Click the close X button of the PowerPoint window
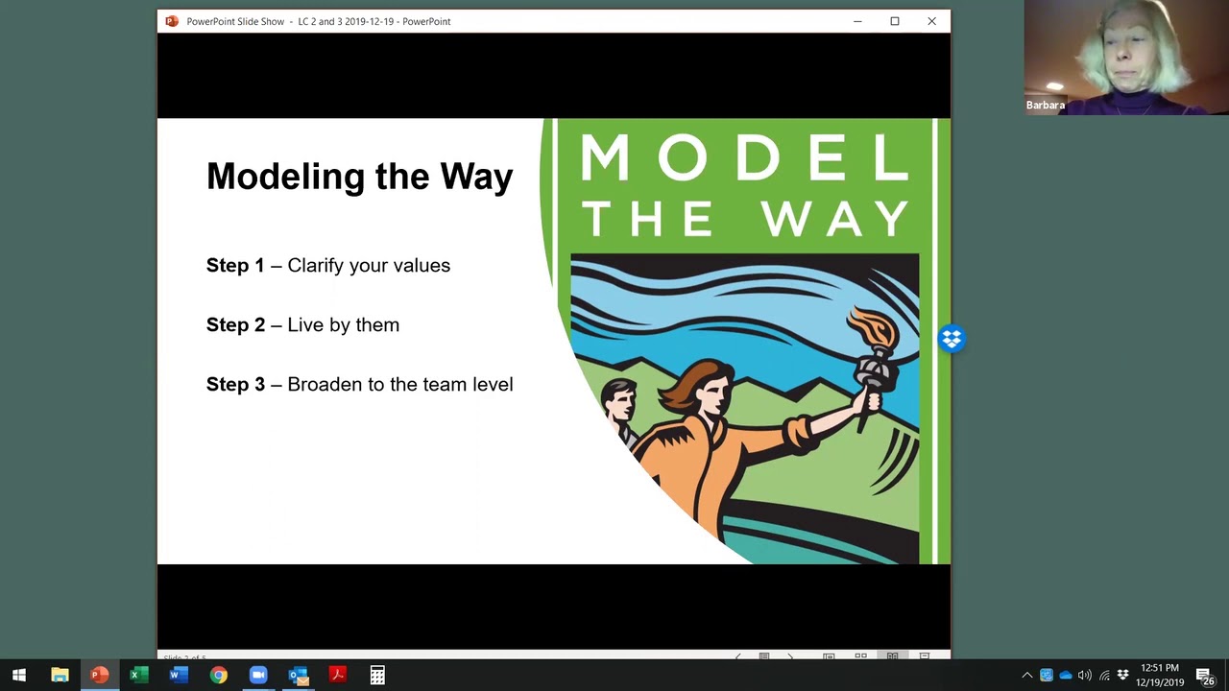pyautogui.click(x=931, y=21)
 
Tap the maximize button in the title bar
pyautogui.click(x=894, y=21)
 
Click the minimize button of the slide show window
pyautogui.click(x=857, y=21)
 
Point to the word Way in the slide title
pyautogui.click(x=476, y=177)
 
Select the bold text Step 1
pyautogui.click(x=235, y=266)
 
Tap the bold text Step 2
pyautogui.click(x=235, y=325)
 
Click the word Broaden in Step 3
pyautogui.click(x=325, y=385)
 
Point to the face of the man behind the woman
pyautogui.click(x=619, y=397)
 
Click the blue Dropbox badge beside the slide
pyautogui.click(x=952, y=339)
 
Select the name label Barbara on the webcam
pyautogui.click(x=1046, y=106)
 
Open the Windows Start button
pyautogui.click(x=19, y=676)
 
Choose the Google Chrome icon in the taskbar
pyautogui.click(x=219, y=676)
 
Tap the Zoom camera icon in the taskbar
pyautogui.click(x=258, y=676)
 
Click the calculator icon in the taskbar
pyautogui.click(x=377, y=676)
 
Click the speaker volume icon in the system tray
pyautogui.click(x=1085, y=676)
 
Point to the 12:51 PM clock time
pyautogui.click(x=1160, y=668)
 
